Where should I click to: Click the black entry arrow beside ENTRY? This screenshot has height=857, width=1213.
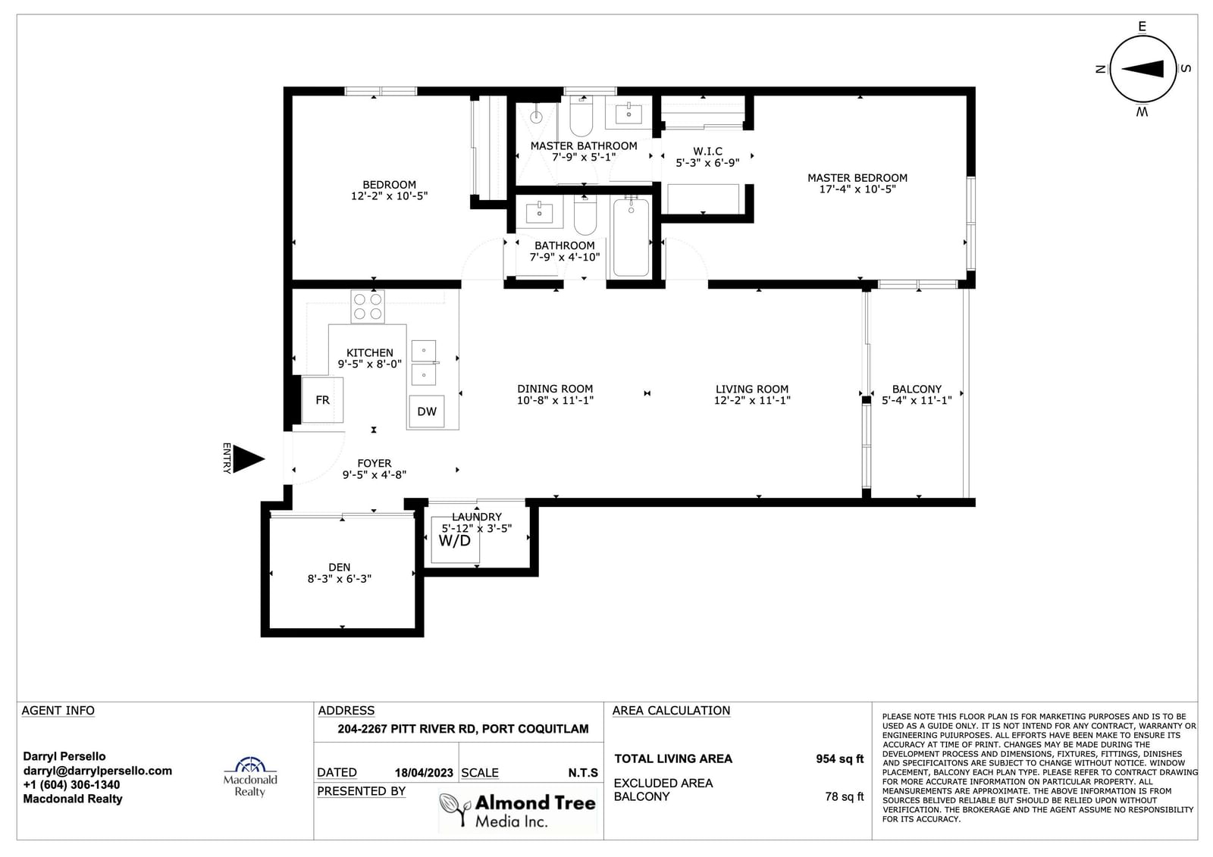coord(247,458)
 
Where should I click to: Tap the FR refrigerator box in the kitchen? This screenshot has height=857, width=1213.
coord(322,399)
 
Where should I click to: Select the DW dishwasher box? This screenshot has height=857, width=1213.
coord(427,411)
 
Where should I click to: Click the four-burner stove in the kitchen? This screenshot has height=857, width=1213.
coord(368,307)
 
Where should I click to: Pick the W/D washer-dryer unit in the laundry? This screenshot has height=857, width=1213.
coord(455,540)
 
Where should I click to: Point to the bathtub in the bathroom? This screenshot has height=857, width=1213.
coord(631,236)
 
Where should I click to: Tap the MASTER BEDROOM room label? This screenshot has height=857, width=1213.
coord(857,178)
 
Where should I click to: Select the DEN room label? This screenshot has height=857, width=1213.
coord(339,567)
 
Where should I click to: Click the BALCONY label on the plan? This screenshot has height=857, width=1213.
coord(917,389)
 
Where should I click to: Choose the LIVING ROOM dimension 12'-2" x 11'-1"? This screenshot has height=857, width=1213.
coord(751,400)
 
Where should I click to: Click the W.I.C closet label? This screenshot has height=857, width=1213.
coord(707,151)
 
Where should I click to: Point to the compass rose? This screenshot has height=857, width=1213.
coord(1143,69)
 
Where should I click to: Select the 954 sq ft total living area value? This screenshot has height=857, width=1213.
coord(839,758)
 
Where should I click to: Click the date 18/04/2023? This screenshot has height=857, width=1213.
coord(424,773)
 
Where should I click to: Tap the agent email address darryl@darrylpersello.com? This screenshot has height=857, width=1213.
coord(98,771)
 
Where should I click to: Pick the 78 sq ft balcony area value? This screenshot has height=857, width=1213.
coord(844,796)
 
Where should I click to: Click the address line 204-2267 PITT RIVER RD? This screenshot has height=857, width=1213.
coord(463,729)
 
